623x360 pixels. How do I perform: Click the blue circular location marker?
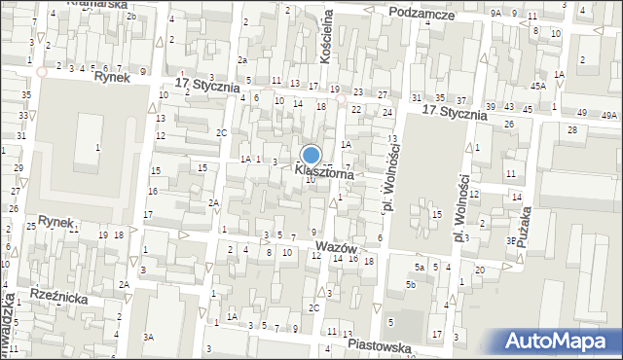(x=311, y=156)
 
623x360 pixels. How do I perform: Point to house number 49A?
(x=609, y=115)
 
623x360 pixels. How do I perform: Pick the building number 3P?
(x=509, y=240)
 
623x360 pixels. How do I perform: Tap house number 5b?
(x=411, y=285)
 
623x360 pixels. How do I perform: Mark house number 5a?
(x=419, y=267)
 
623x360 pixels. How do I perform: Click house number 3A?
(x=148, y=337)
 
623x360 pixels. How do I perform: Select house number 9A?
(x=495, y=13)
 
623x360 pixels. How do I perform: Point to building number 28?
(x=572, y=129)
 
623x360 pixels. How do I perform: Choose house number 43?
(x=509, y=107)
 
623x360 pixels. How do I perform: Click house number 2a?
(x=243, y=60)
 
